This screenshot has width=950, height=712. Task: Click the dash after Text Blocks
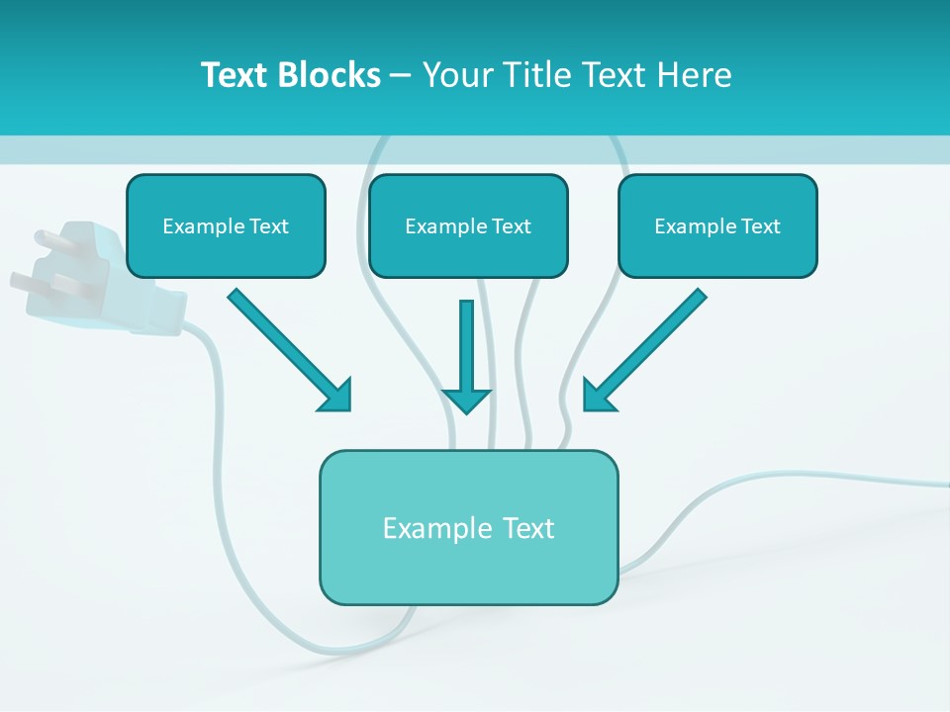[401, 76]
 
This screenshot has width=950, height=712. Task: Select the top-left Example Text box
[226, 226]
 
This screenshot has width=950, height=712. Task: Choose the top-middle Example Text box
[468, 226]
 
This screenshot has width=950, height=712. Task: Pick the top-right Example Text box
[717, 226]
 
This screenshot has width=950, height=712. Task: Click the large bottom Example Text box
[468, 527]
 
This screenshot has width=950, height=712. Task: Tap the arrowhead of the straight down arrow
[466, 400]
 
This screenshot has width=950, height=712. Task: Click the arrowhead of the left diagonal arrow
[336, 395]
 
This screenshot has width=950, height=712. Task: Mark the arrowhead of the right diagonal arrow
[598, 396]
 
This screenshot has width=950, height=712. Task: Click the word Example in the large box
[425, 528]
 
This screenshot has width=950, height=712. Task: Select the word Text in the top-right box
[760, 226]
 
